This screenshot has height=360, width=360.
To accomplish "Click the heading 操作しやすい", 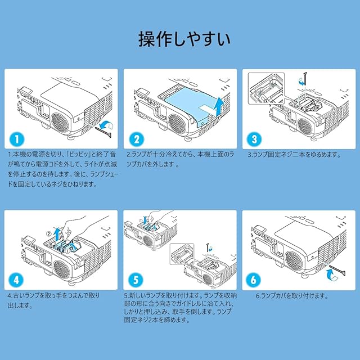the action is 184,39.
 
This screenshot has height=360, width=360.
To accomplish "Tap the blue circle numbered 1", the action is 17,139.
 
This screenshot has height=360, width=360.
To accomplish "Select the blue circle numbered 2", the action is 136,139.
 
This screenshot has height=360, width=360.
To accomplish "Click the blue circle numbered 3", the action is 254,139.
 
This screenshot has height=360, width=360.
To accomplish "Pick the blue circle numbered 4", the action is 16,280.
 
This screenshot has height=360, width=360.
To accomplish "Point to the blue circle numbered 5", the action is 136,280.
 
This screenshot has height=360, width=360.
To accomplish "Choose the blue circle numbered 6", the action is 254,280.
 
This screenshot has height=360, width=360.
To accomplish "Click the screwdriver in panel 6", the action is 337,271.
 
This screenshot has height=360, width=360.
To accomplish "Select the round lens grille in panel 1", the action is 60,121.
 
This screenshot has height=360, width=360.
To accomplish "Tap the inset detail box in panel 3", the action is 267,89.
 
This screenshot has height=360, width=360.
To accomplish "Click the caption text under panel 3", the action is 294,155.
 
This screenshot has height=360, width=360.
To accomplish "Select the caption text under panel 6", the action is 292,296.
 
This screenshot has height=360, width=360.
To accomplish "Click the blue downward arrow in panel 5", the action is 145,219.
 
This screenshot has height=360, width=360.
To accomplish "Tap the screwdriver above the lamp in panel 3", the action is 305,79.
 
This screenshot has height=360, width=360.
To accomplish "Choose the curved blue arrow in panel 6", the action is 331,274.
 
